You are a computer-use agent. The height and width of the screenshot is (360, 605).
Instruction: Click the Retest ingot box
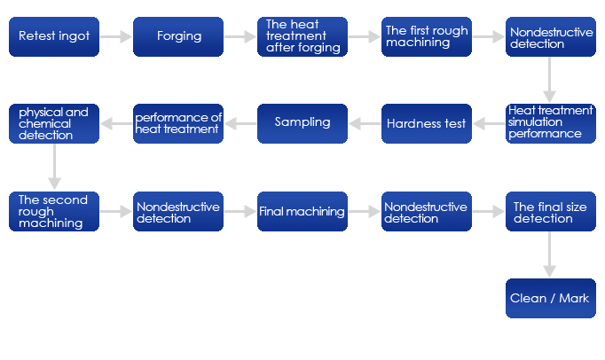(54, 37)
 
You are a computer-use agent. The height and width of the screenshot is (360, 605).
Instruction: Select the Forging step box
(178, 37)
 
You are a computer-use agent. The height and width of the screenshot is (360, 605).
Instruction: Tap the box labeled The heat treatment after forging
(302, 37)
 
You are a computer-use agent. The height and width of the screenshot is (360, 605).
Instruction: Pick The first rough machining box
(427, 37)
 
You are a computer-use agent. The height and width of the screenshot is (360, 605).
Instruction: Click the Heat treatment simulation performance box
(550, 123)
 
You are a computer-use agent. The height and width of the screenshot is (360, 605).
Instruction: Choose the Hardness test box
(427, 123)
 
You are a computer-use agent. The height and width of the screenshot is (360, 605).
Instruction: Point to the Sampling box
(302, 123)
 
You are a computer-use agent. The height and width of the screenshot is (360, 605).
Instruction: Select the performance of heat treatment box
(178, 123)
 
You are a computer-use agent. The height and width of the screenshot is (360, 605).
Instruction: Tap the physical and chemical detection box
(54, 123)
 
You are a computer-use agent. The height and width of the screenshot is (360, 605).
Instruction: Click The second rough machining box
(54, 212)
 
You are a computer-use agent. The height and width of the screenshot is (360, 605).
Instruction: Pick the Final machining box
(302, 212)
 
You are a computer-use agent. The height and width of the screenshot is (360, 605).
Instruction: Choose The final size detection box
(550, 212)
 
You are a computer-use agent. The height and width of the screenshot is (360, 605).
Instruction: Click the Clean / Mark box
(550, 299)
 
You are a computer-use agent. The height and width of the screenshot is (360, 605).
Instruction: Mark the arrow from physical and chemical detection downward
(54, 168)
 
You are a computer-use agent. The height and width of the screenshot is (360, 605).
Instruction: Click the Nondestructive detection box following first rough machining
(550, 37)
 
